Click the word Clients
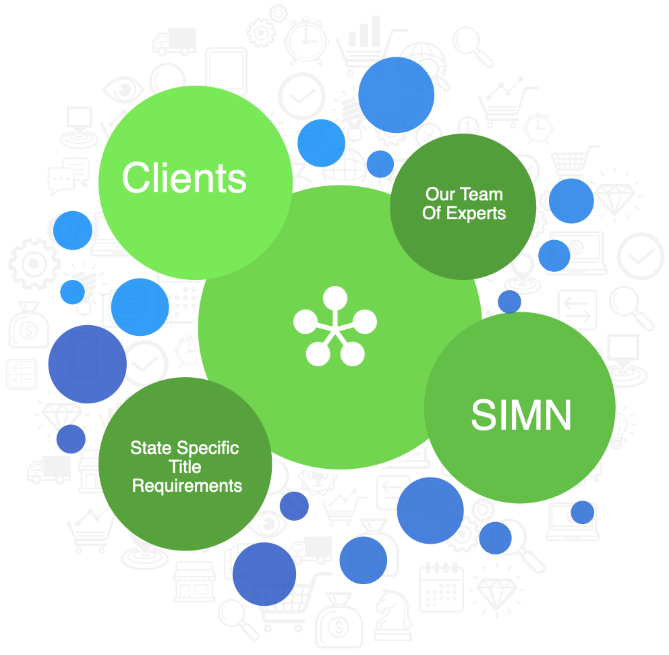tap(184, 178)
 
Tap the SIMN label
tap(521, 415)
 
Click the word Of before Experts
tap(432, 213)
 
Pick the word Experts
tap(475, 214)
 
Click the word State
tap(151, 448)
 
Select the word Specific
tap(208, 449)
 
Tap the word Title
tap(185, 467)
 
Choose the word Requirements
tap(187, 486)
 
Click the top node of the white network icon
tap(335, 298)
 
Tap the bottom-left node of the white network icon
tap(318, 353)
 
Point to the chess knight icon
tap(393, 615)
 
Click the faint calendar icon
tap(441, 588)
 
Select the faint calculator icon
tap(22, 374)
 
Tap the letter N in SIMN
tap(557, 415)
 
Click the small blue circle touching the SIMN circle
tap(509, 302)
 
